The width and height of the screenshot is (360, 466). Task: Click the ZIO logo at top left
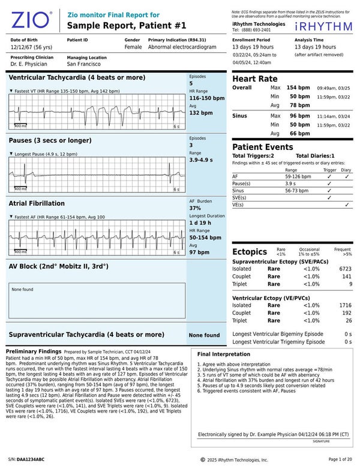pos(31,21)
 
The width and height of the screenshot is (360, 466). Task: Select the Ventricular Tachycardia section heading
pos(76,78)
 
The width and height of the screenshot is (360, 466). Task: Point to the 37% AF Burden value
pos(196,208)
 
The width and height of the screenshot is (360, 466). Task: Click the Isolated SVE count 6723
pos(345,269)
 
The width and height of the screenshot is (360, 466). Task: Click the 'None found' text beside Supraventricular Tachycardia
pos(204,335)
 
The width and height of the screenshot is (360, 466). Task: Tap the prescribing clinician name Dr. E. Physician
pos(29,63)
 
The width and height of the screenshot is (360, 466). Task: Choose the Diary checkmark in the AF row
pos(347,177)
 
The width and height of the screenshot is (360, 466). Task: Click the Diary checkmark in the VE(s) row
pos(347,205)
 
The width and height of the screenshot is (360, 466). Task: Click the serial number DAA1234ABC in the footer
pos(30,459)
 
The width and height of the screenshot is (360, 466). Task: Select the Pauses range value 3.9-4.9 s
pos(201,160)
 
